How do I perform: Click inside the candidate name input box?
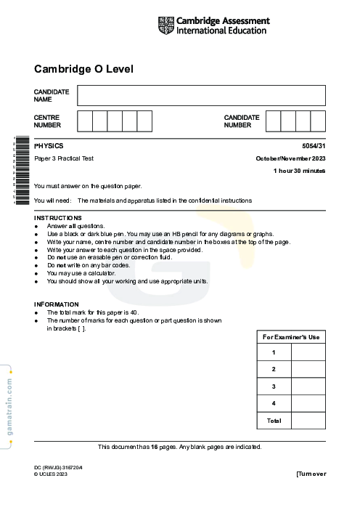click(201, 95)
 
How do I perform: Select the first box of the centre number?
click(84, 121)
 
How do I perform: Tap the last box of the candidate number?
click(318, 121)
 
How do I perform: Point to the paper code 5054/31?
click(314, 146)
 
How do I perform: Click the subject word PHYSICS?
click(49, 146)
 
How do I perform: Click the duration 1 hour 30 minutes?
click(299, 171)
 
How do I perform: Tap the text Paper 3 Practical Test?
click(64, 158)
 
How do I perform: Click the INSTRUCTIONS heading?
click(58, 218)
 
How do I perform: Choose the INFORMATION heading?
click(57, 304)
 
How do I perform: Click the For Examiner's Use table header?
click(291, 337)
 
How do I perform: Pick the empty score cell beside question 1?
click(308, 352)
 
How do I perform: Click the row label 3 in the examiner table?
click(274, 386)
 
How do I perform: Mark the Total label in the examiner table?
click(274, 421)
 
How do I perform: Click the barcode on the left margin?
click(21, 171)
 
